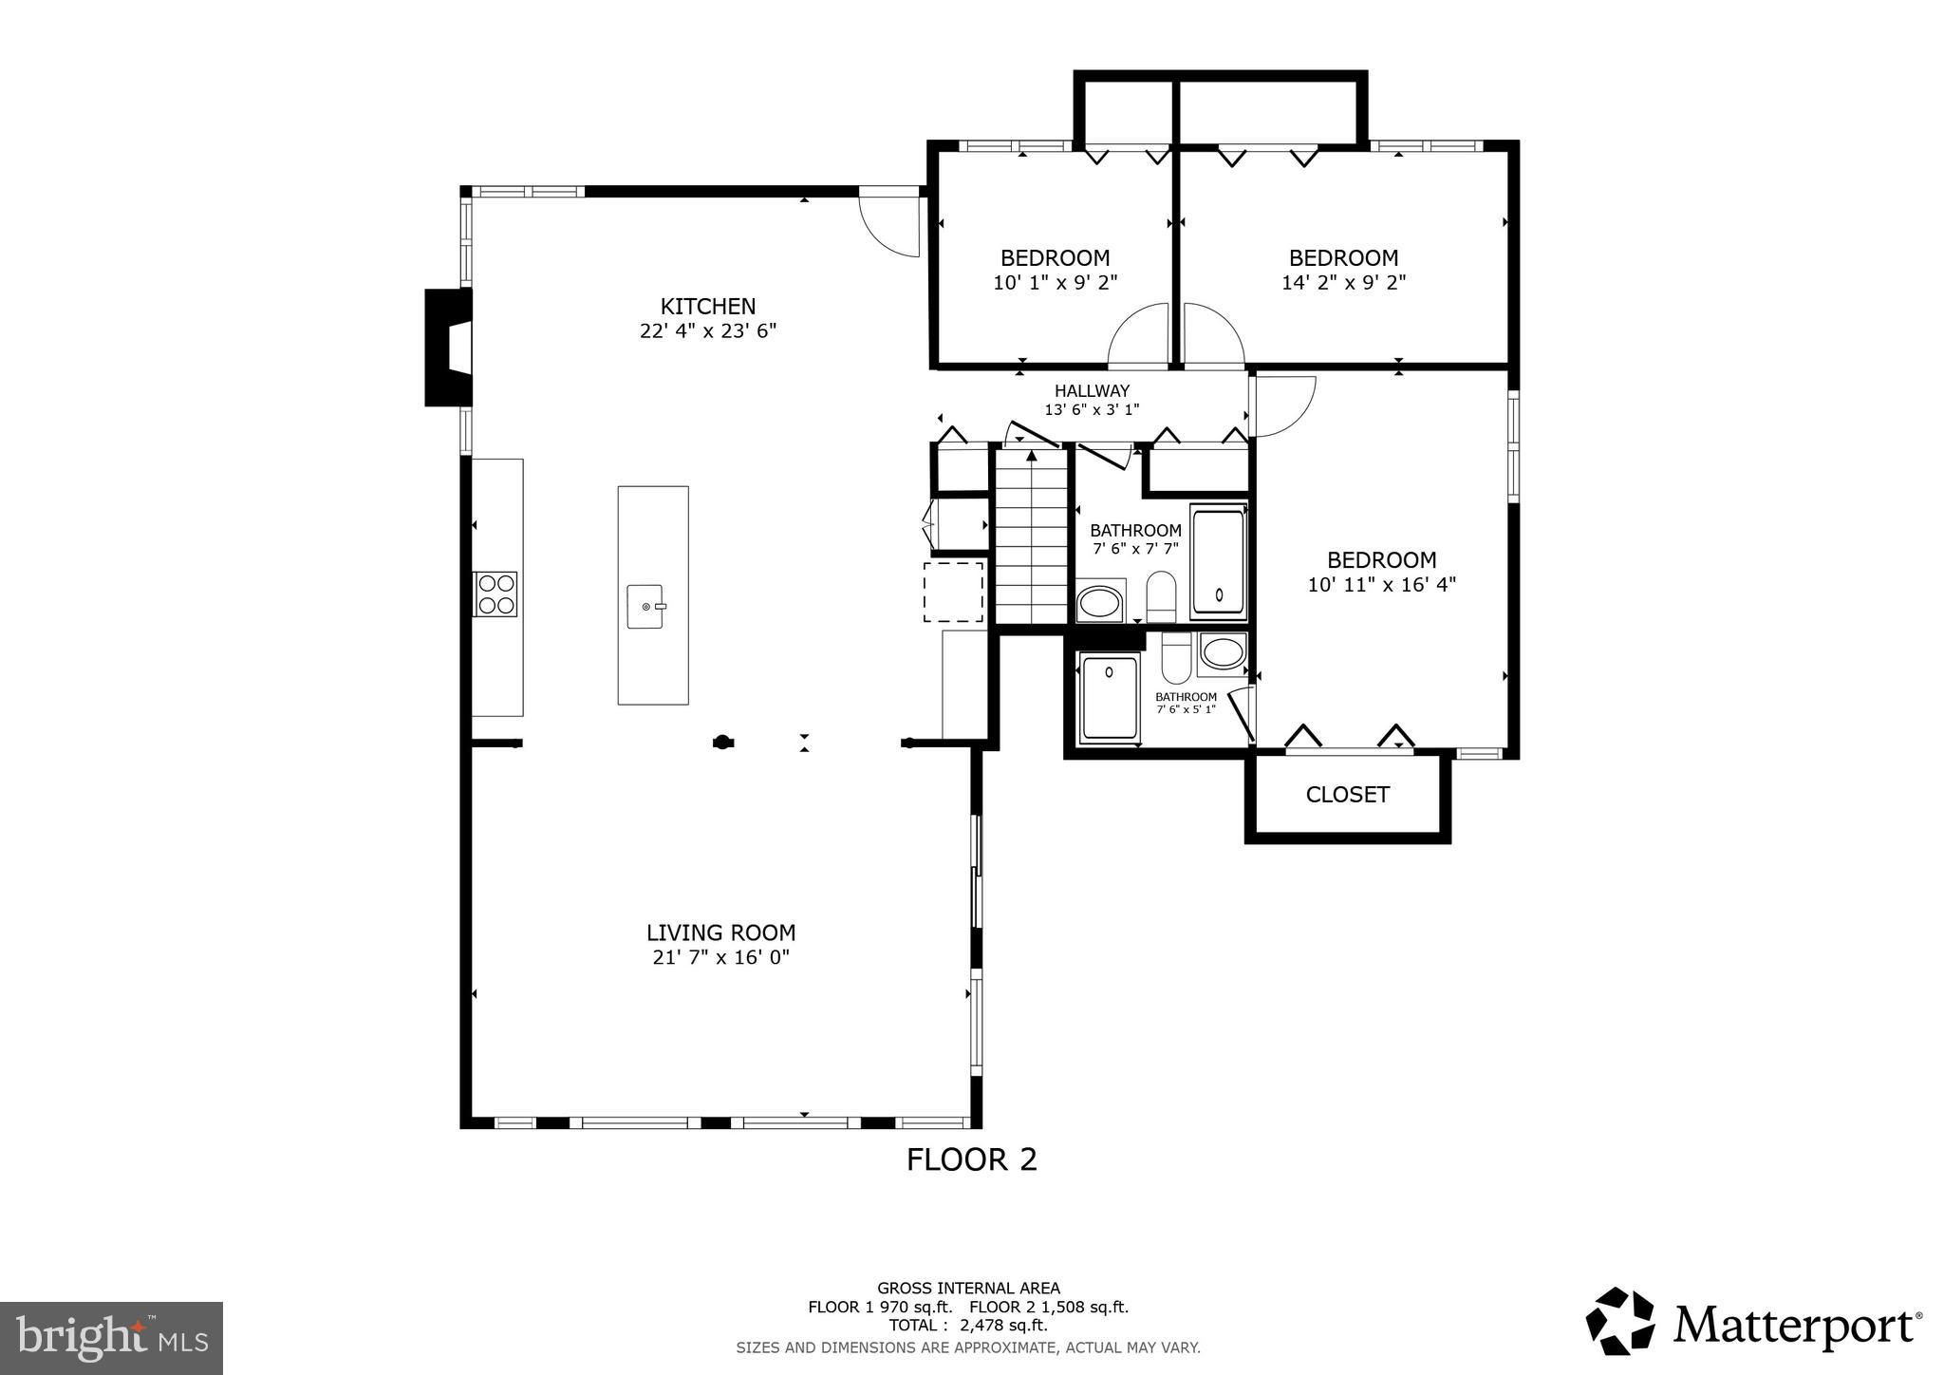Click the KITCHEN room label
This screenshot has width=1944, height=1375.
(x=708, y=307)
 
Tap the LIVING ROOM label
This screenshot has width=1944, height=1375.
(x=720, y=932)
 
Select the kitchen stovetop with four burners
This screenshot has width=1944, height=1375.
(x=495, y=594)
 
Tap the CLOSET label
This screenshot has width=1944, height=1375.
(x=1347, y=795)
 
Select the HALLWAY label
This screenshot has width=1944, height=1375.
(x=1092, y=390)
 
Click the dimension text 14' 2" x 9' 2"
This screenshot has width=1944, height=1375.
(x=1343, y=282)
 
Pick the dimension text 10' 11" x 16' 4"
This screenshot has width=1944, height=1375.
(x=1381, y=585)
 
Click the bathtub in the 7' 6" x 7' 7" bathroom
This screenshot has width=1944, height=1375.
(x=1218, y=562)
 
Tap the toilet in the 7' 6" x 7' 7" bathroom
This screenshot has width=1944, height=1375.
(x=1161, y=595)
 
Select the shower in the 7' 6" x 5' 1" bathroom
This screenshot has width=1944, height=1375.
(x=1109, y=697)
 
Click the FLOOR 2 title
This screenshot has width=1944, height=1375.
(x=971, y=1159)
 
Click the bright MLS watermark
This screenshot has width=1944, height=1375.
(x=111, y=1338)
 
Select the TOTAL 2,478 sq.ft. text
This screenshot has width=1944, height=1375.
(x=967, y=1325)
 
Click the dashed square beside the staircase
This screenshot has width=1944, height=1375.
(x=953, y=592)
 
